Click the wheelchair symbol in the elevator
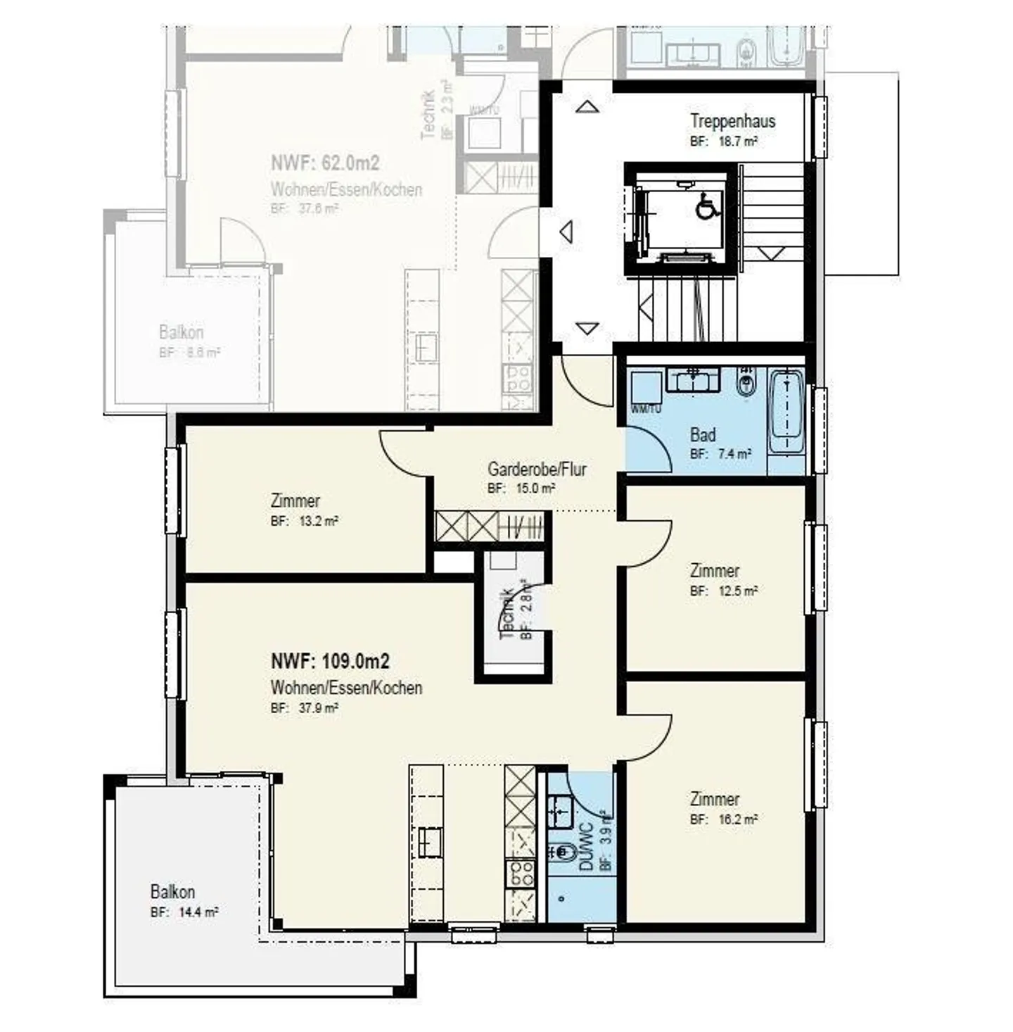point(705,208)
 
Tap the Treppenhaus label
point(732,121)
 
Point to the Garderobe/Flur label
point(537,469)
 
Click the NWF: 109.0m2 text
point(330,661)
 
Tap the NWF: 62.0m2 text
point(325,163)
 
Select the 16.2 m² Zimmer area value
point(737,819)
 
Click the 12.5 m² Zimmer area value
point(737,591)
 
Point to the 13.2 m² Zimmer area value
point(318,522)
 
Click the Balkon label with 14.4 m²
point(172,892)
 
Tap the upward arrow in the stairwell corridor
point(587,107)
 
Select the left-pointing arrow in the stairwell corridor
point(566,232)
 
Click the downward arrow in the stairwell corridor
point(587,328)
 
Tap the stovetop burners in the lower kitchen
point(521,873)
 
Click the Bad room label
point(702,434)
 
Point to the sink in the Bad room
point(693,381)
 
